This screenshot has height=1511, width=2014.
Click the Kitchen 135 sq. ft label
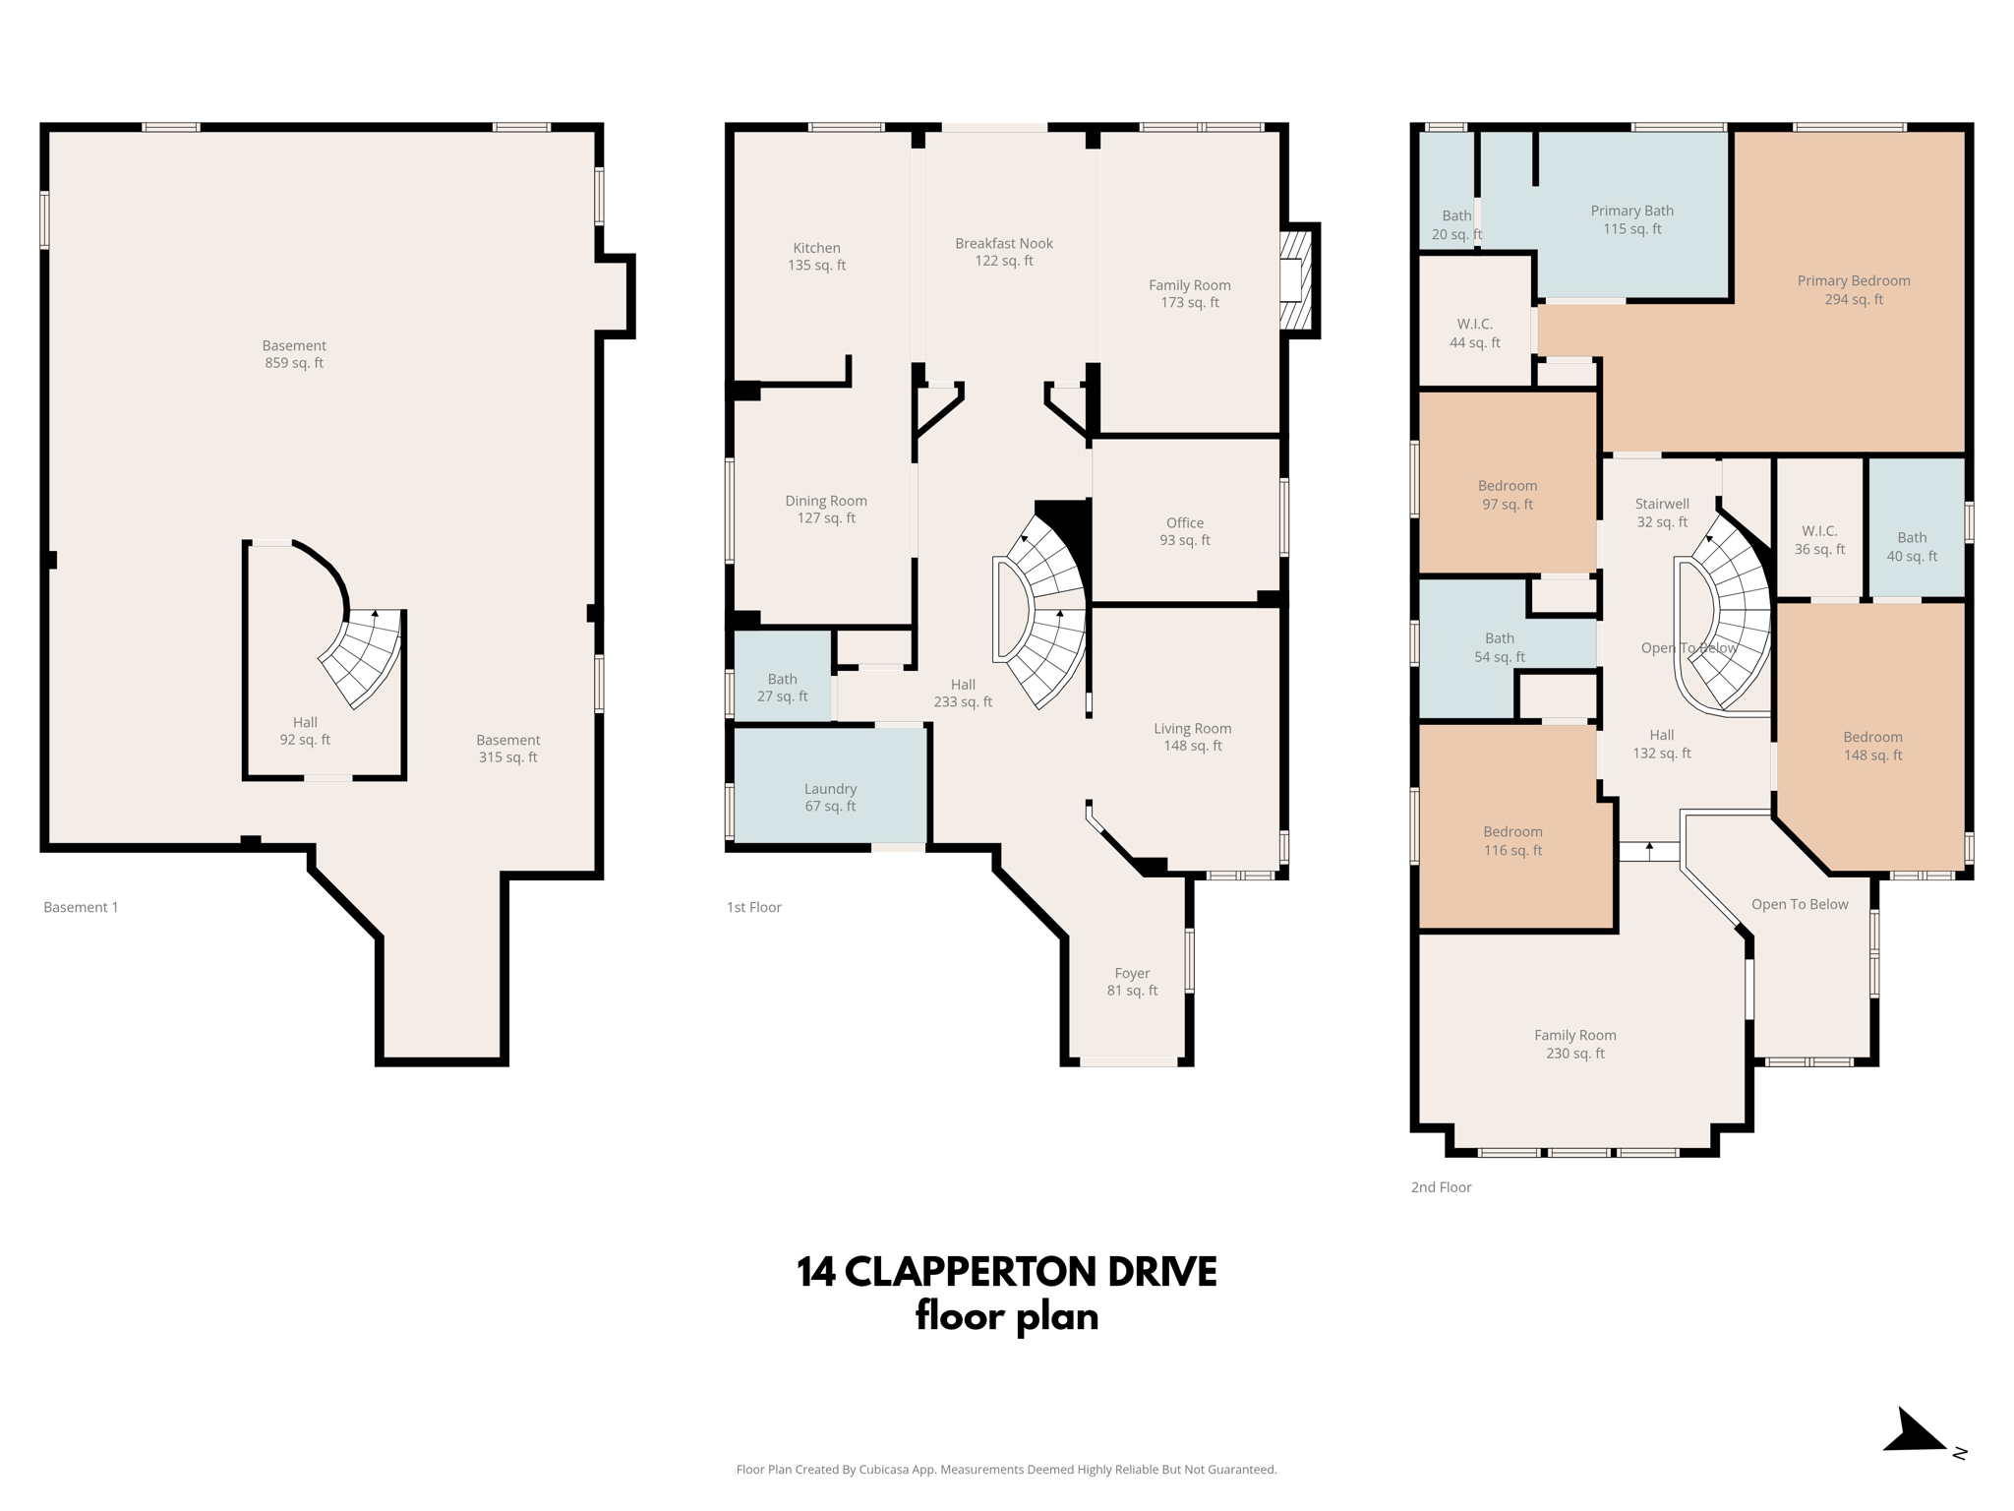(816, 257)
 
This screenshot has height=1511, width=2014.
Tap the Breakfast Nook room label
(1003, 252)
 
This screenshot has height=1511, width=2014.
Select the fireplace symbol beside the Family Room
(1295, 280)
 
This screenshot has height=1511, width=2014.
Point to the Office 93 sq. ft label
(1184, 531)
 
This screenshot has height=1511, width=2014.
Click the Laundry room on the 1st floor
(830, 797)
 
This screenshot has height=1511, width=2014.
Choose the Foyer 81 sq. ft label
(1132, 982)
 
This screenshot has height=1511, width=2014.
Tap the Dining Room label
(825, 510)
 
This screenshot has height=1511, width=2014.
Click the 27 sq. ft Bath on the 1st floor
(782, 688)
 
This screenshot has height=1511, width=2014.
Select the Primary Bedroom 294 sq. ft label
(1853, 290)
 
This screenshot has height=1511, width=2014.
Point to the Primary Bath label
(1631, 219)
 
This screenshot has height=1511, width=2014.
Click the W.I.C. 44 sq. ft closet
(1474, 333)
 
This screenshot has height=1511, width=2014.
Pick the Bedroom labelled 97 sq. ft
(1507, 495)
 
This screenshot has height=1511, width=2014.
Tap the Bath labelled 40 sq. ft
(1911, 547)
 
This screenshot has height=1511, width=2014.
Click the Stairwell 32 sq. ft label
(1661, 513)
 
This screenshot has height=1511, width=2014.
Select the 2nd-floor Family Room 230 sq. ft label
(1574, 1044)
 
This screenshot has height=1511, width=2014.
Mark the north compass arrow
(1916, 1432)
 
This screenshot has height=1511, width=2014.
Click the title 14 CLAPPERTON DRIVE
(1006, 1272)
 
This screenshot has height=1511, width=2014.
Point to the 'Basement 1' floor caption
(81, 907)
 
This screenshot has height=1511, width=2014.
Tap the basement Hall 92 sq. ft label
(305, 731)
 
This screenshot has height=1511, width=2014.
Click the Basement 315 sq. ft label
(507, 749)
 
